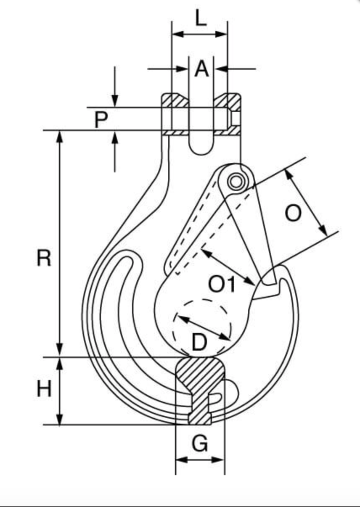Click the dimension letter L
201,18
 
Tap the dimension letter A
201,69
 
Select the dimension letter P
101,120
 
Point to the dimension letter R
44,258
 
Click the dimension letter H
44,388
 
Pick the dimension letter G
200,443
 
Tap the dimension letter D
199,342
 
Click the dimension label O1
222,284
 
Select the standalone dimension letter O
293,213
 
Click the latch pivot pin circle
236,182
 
